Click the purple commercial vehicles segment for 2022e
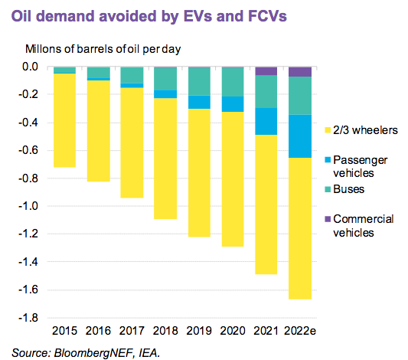pos(300,72)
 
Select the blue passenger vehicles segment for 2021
pos(266,121)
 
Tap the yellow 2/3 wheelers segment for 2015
pos(64,120)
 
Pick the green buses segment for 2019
pos(199,82)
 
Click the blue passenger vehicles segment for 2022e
pos(300,136)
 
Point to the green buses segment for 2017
pos(132,75)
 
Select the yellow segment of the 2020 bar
pos(233,179)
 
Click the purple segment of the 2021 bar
pos(266,71)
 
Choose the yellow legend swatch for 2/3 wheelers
pos(328,130)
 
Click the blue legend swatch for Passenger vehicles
pos(328,159)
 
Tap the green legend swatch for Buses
pos(328,189)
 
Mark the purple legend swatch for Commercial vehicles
pos(328,219)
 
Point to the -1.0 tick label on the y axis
pos(28,206)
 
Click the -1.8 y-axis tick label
pos(28,318)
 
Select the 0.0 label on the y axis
pos(30,67)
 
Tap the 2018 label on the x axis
pos(165,331)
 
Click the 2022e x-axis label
pos(300,331)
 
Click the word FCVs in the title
pos(267,16)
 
